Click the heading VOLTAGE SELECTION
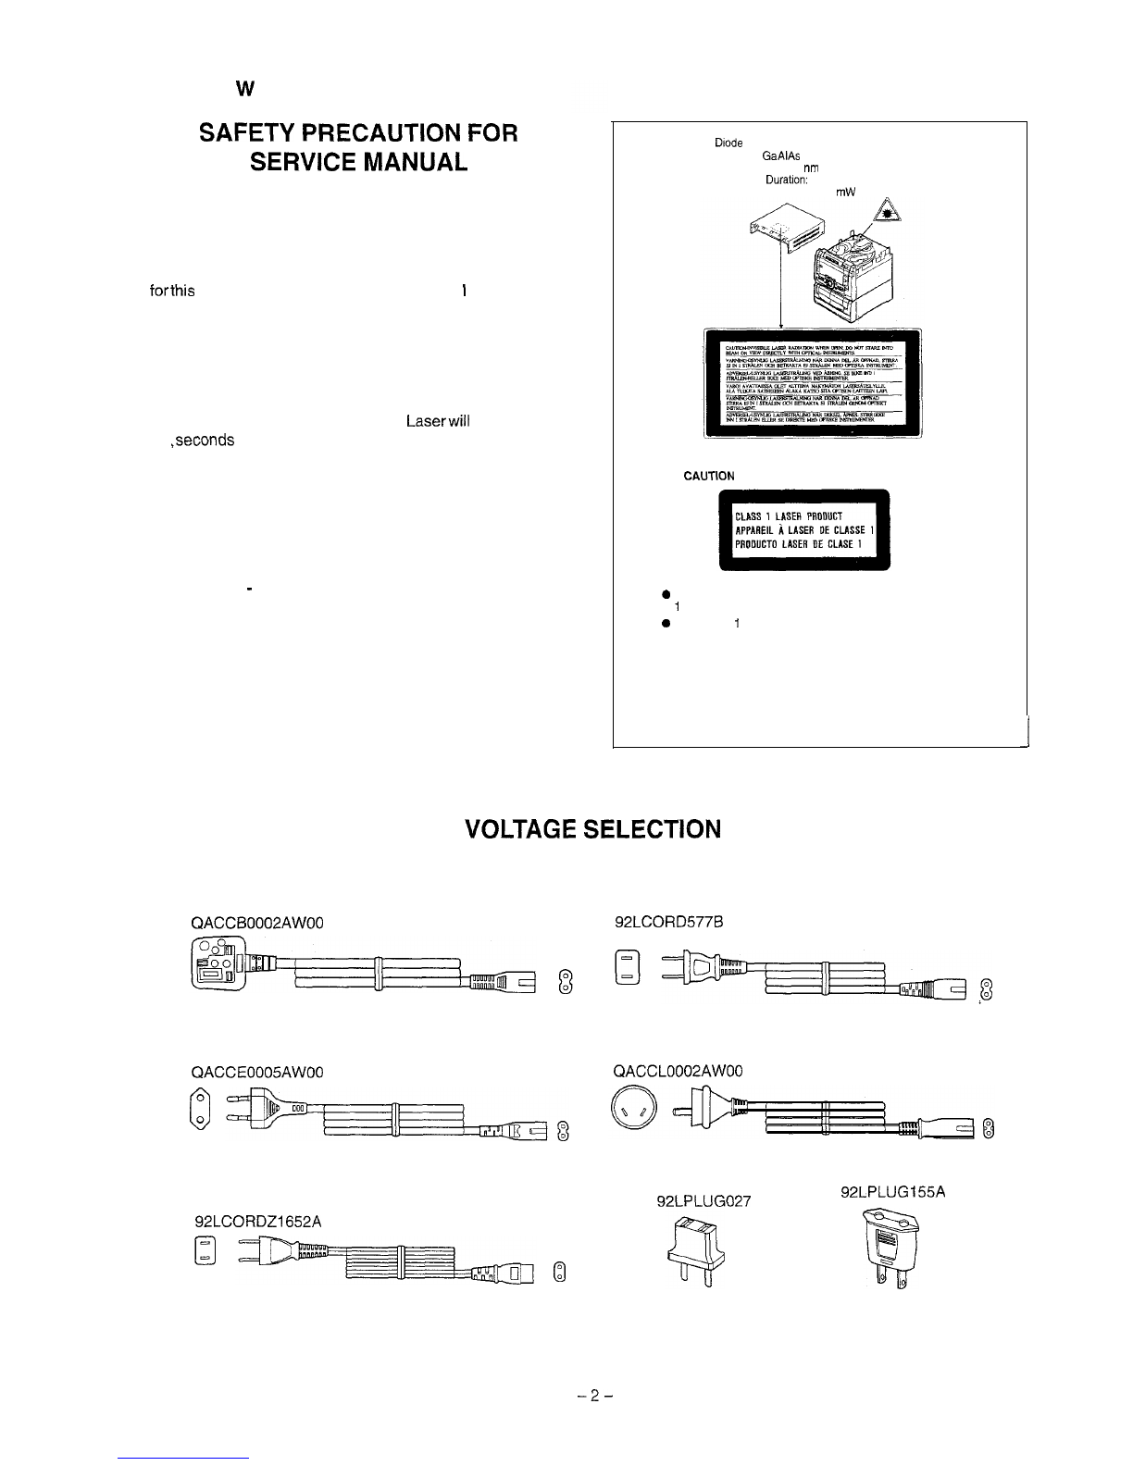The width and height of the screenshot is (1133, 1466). pos(592,827)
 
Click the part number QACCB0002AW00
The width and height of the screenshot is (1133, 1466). pos(257,922)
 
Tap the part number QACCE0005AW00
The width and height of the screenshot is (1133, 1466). pos(256,1072)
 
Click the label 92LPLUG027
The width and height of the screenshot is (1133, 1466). pos(703,1202)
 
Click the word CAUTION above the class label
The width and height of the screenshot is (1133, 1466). pos(709,476)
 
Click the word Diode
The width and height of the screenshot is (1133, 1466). pos(731,144)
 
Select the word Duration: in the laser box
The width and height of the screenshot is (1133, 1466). pos(787,181)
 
